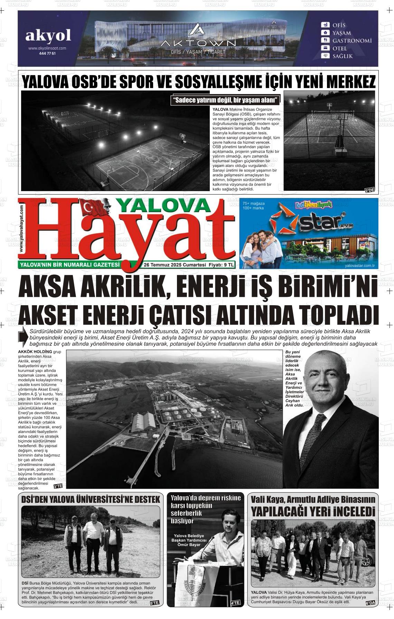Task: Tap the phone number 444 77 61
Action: point(47,54)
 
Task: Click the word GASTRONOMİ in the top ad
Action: point(352,40)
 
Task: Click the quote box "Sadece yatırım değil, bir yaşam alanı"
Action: point(226,101)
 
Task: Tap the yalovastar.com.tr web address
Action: point(360,265)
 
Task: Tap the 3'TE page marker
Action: point(58,487)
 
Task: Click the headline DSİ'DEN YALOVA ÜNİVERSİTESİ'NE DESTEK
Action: point(91,499)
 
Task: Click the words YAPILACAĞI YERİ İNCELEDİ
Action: point(313,511)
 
